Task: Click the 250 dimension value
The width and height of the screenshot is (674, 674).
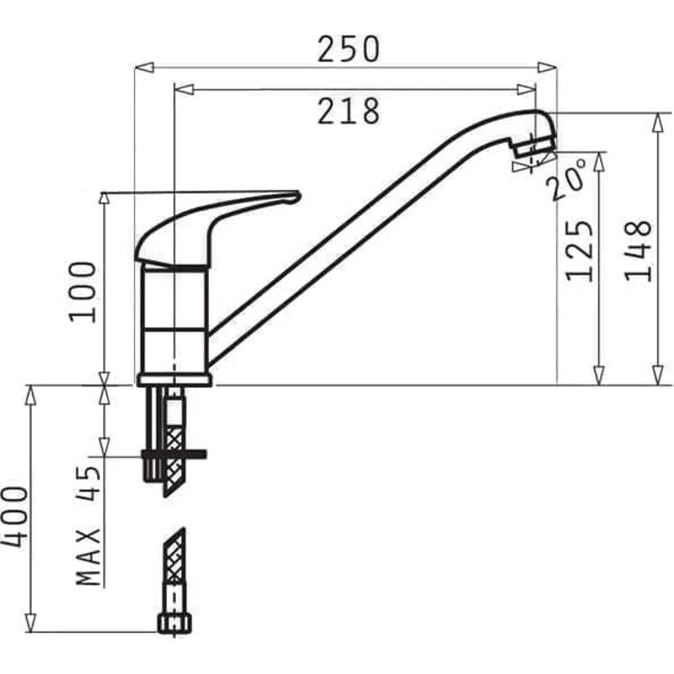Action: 348,49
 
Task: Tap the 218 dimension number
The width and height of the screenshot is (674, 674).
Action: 348,111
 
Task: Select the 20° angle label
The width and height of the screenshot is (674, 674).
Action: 566,179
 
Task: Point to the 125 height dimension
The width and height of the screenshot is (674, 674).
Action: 579,251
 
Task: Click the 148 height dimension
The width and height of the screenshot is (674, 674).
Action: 638,251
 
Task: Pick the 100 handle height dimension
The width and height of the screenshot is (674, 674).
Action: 83,292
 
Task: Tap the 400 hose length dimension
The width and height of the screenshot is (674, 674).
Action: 14,518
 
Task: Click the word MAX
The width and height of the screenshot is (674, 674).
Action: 89,556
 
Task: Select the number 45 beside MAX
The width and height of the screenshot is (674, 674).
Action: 89,484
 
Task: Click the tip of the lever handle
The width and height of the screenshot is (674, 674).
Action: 300,196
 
